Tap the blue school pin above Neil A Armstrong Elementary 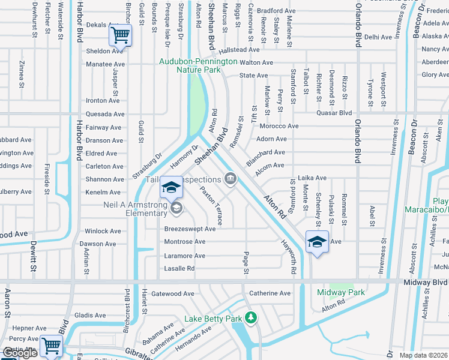[171, 187]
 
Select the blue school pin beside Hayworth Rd [317, 242]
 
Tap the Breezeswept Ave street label [190, 229]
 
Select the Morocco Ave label [279, 126]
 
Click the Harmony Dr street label [184, 159]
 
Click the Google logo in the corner [20, 353]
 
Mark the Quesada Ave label [105, 114]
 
